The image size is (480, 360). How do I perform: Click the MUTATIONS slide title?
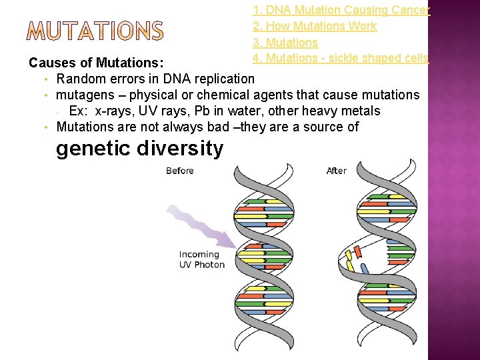[96, 31]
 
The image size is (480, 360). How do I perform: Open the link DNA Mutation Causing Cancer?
[341, 10]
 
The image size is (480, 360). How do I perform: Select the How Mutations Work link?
[315, 26]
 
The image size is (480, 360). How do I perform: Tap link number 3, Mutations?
[285, 42]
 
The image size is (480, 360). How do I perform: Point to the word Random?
[81, 79]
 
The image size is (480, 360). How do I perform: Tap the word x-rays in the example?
[113, 111]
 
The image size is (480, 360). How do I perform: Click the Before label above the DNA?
[180, 171]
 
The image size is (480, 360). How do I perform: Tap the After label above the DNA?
[337, 171]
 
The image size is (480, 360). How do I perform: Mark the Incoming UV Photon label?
[201, 259]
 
